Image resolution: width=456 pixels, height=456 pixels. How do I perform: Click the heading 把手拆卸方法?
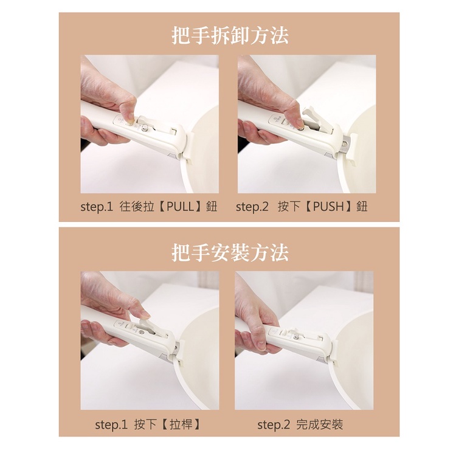(230, 36)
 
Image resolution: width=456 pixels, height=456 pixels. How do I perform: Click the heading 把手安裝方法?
(230, 252)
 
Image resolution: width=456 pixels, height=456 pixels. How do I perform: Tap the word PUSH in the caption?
(328, 207)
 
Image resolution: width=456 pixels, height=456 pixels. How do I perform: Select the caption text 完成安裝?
(320, 425)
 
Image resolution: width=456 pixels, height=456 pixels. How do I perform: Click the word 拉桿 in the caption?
(181, 425)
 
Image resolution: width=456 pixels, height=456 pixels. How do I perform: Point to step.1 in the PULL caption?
(97, 207)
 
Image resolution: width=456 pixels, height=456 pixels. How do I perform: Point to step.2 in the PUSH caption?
(252, 207)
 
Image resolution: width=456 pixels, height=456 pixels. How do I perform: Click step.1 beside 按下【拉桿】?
(111, 425)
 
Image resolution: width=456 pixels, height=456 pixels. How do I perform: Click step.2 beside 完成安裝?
(274, 425)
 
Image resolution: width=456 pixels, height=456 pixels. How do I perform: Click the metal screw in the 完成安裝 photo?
(296, 337)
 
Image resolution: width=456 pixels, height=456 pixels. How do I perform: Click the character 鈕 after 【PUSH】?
(362, 207)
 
